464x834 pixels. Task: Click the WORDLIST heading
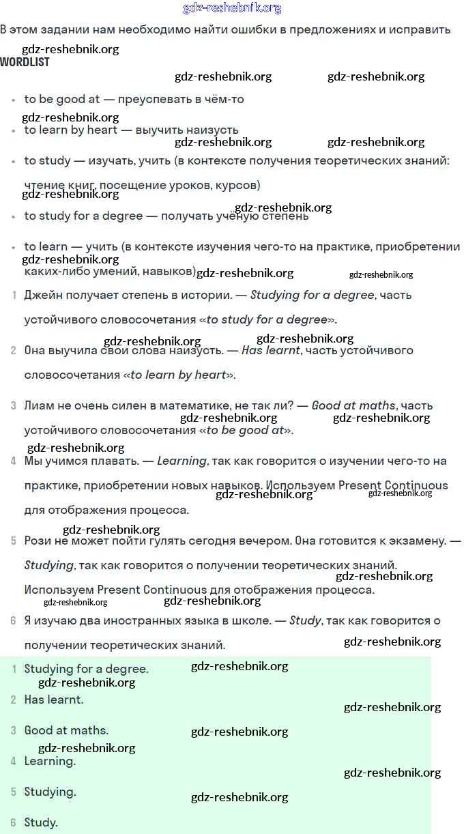click(25, 62)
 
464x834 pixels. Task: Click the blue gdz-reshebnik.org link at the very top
click(232, 8)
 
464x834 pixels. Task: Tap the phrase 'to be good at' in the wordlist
click(61, 100)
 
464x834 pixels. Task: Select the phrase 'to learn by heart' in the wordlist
click(71, 130)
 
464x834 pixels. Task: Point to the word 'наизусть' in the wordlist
click(215, 130)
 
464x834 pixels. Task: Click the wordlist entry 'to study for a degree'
click(83, 216)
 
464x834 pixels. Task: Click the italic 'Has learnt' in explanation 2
click(271, 351)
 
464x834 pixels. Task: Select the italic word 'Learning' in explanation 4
click(182, 461)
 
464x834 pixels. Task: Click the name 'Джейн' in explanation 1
click(41, 296)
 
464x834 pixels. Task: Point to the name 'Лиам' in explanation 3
click(38, 406)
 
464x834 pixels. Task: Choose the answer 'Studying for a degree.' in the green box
click(86, 670)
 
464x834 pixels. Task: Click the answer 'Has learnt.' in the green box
click(53, 700)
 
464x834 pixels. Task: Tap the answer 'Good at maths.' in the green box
click(66, 731)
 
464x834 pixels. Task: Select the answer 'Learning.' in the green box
click(50, 762)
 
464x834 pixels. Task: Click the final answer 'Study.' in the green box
click(41, 823)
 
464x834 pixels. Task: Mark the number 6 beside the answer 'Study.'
click(13, 823)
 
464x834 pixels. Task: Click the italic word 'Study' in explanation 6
click(304, 621)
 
